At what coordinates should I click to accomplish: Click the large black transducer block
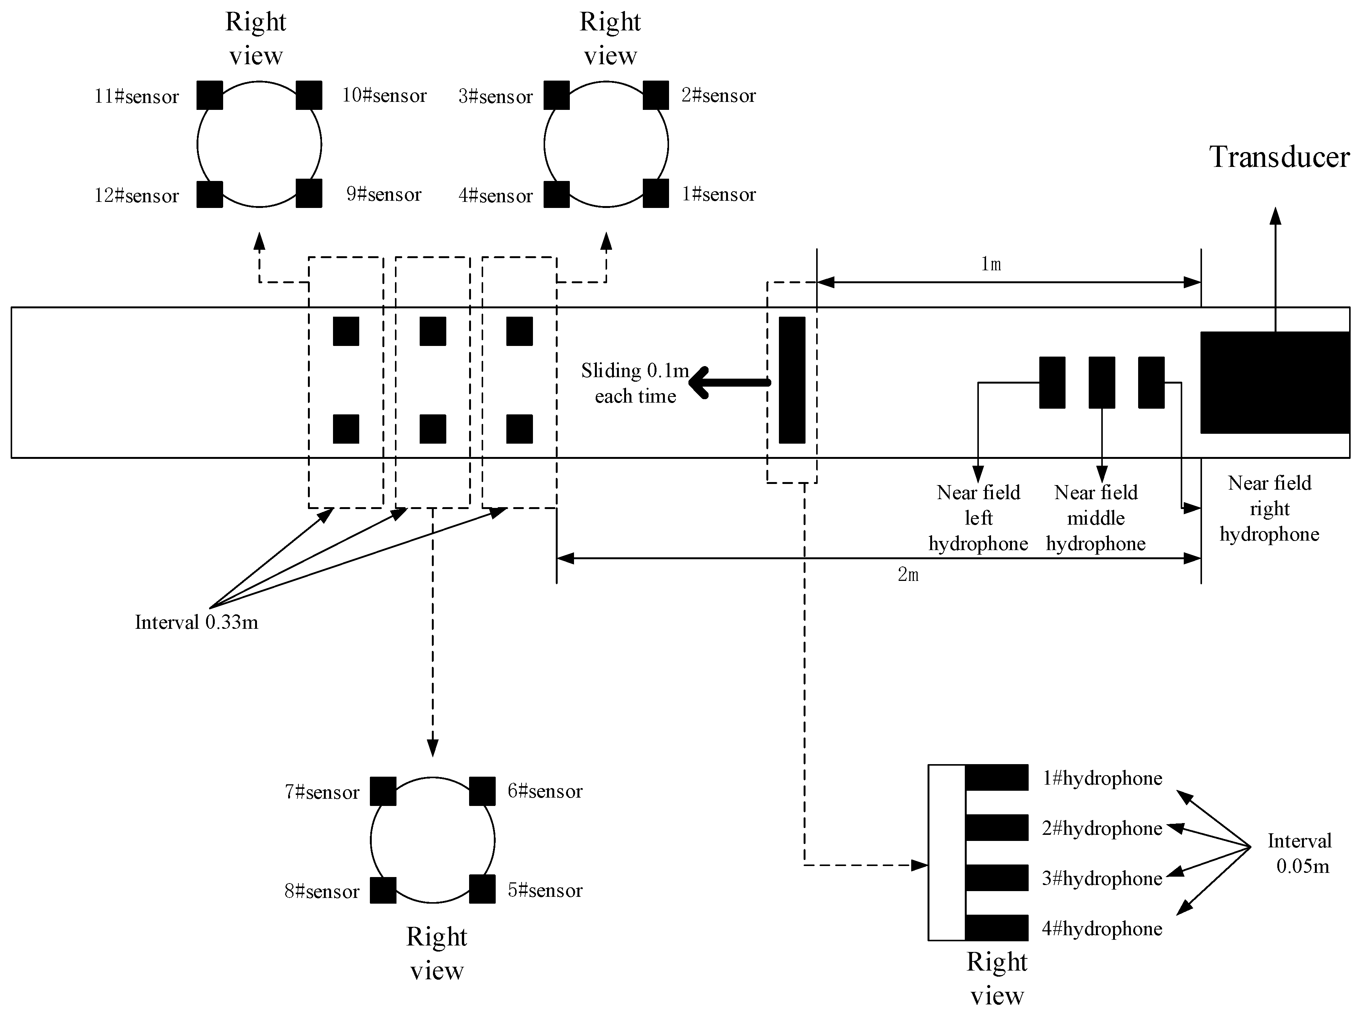coord(1274,382)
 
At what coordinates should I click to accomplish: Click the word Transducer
coord(1279,157)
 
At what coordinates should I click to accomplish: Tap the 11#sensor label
coord(136,97)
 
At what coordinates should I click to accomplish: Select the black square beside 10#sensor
coord(309,95)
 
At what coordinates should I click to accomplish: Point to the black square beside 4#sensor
coord(556,194)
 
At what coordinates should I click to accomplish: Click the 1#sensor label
coord(718,195)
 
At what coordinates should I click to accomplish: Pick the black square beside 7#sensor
coord(383,791)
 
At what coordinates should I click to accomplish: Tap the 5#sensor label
coord(544,890)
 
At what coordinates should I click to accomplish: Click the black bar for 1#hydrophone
coord(996,777)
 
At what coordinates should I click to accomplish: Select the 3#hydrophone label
coord(1102,879)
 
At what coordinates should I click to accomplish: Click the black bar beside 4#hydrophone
coord(996,928)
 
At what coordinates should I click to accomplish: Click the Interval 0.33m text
coord(196,622)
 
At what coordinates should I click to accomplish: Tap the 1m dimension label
coord(990,265)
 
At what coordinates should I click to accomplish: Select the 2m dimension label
coord(908,574)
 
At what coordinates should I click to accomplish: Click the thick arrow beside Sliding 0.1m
coord(729,382)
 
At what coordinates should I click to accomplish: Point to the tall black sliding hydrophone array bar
coord(791,380)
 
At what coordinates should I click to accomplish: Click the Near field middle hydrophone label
coord(1095,518)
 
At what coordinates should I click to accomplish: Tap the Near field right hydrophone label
coord(1269,508)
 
